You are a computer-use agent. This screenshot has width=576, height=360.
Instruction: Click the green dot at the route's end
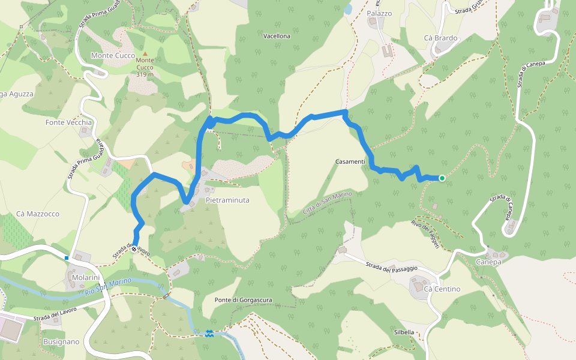[x=442, y=178]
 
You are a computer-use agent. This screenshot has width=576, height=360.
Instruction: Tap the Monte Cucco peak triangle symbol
[x=145, y=54]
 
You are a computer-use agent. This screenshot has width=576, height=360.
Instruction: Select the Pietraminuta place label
[x=227, y=200]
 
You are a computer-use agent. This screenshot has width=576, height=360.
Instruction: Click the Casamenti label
[x=350, y=162]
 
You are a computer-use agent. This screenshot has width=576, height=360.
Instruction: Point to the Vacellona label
[x=277, y=36]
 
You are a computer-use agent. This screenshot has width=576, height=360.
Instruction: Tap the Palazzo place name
[x=379, y=13]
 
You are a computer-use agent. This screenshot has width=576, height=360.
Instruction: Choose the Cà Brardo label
[x=440, y=38]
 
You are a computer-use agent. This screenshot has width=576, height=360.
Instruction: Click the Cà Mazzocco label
[x=38, y=214]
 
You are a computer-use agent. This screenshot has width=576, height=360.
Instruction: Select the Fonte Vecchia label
[x=69, y=122]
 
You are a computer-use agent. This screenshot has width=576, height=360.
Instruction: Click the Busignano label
[x=61, y=341]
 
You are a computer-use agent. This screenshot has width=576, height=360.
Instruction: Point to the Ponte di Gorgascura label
[x=243, y=299]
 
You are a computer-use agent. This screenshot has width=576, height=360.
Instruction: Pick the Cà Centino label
[x=442, y=289]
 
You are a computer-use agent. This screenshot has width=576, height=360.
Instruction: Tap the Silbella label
[x=404, y=332]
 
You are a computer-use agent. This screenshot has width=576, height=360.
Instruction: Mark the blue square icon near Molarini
[x=67, y=258]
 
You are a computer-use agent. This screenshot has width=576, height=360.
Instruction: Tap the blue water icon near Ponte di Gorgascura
[x=209, y=333]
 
